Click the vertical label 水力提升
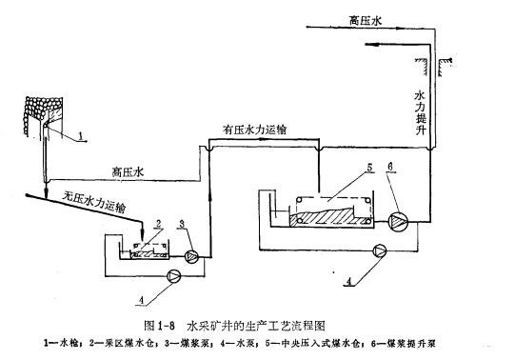(420, 112)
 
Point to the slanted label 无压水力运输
(95, 201)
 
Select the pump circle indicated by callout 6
(397, 221)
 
